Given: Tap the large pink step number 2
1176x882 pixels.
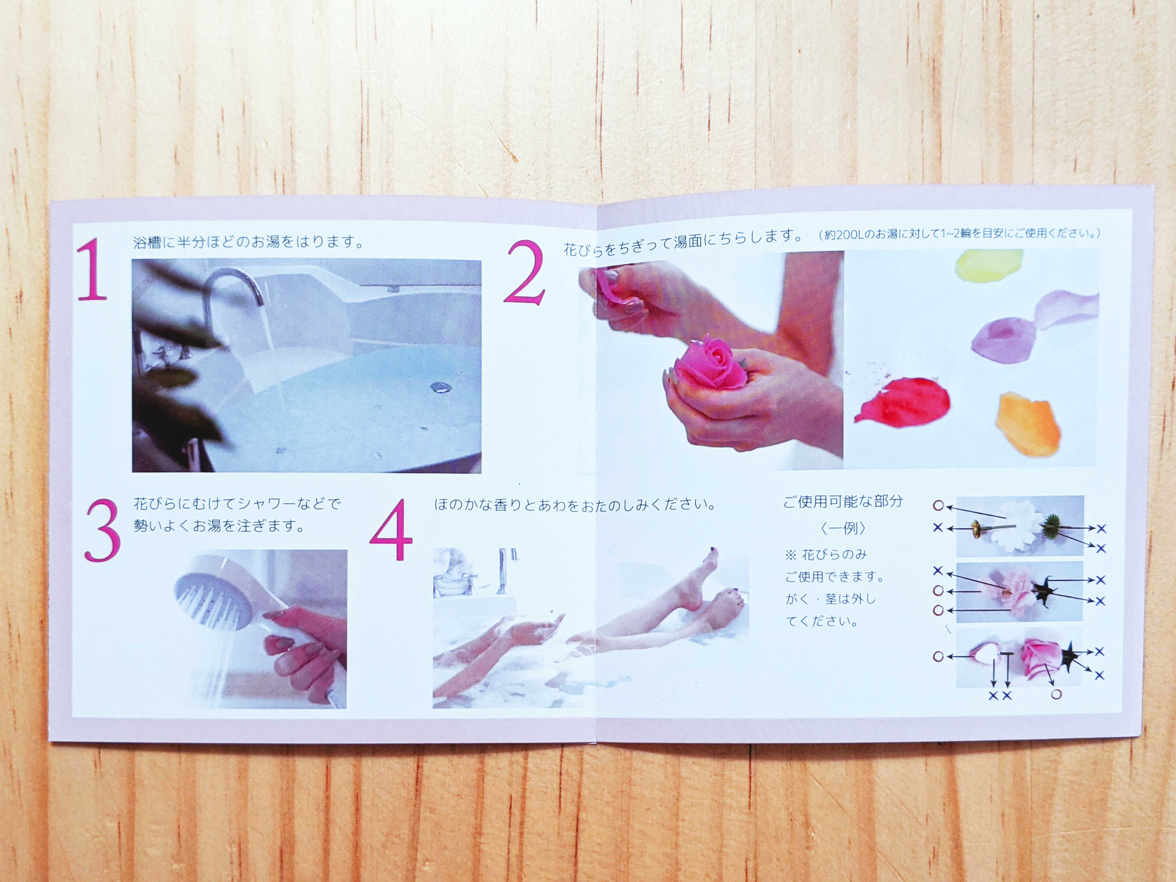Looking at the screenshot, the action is click(x=525, y=273).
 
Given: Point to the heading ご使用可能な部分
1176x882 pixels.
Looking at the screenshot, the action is click(x=843, y=501).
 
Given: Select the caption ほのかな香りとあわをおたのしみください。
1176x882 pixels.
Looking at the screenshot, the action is click(x=574, y=504).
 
